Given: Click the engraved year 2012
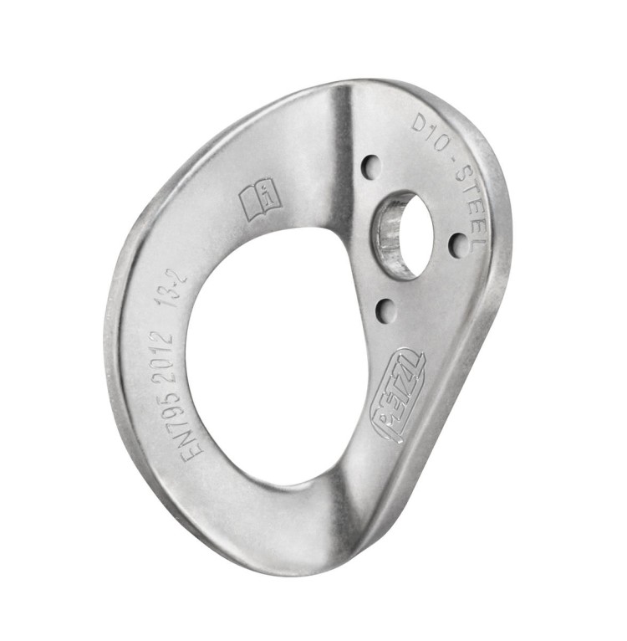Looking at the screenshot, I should coord(166,343).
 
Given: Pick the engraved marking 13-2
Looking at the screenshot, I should coord(175,290).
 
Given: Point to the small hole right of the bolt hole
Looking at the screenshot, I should coord(458,244).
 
